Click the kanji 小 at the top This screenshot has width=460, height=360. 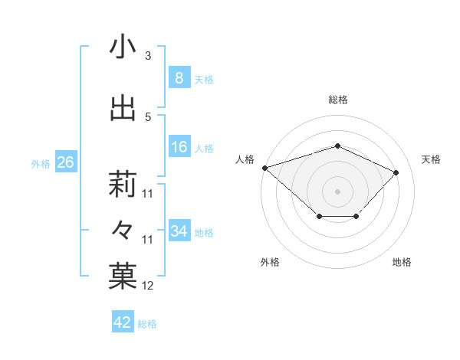[x=123, y=47]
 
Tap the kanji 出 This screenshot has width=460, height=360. [x=123, y=109]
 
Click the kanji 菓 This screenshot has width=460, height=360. [x=123, y=277]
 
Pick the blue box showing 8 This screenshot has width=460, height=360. [x=179, y=78]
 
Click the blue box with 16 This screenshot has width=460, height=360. [x=179, y=148]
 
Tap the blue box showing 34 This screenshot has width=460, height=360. [x=179, y=231]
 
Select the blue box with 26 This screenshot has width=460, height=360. [x=65, y=162]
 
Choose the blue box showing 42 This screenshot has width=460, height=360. [x=123, y=322]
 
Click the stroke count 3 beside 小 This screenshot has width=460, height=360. [x=148, y=56]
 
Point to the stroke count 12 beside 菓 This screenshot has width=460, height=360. [x=148, y=286]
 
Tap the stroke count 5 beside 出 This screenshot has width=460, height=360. [x=148, y=117]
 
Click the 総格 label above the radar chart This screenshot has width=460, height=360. [x=337, y=100]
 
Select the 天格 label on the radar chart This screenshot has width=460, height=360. [x=431, y=159]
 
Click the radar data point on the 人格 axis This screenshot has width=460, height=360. [x=264, y=167]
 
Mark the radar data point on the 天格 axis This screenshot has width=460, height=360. [x=396, y=172]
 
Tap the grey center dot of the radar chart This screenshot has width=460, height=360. [x=337, y=191]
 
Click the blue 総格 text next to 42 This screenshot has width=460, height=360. [x=147, y=324]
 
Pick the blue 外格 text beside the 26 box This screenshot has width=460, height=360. [x=40, y=163]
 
